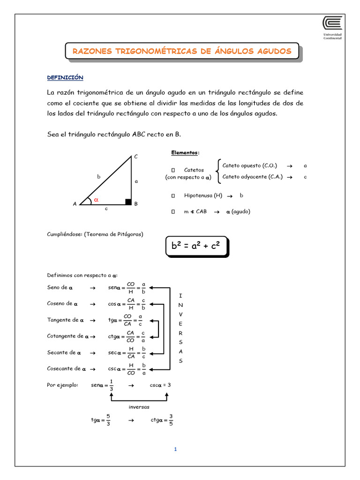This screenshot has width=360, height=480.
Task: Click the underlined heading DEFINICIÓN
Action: pos(65,77)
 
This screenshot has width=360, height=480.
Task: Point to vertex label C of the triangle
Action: pos(136,156)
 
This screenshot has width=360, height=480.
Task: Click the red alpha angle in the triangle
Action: pos(97,200)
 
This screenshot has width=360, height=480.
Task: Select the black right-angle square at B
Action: pos(128,202)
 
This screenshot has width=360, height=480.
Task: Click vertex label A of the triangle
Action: pos(75,204)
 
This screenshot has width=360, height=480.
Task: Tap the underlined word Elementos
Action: pos(185,153)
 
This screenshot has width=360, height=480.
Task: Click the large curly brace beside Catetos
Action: pos(217,171)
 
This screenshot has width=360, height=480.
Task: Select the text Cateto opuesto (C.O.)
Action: pos(249,165)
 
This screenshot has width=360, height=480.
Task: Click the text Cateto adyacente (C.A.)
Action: pos(252,177)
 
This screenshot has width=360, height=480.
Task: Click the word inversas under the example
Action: pos(139,407)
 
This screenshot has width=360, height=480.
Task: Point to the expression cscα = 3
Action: pos(160,385)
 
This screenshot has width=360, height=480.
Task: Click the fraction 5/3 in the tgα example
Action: pos(108,420)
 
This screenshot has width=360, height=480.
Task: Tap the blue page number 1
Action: pos(175,450)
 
